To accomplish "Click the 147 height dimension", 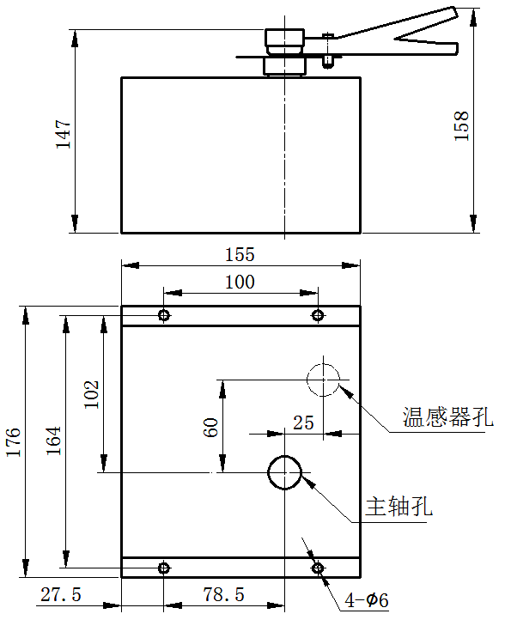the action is [64, 135].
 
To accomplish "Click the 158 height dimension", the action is [461, 125].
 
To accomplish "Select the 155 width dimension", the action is [240, 255].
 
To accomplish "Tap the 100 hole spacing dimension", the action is [240, 283].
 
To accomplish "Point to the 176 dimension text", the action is [14, 442].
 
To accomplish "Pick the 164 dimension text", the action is [53, 441].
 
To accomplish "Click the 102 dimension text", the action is [91, 395].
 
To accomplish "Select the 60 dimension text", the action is [210, 428].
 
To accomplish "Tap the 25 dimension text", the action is [304, 423].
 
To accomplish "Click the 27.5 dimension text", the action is [61, 595].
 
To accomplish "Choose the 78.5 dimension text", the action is [224, 595].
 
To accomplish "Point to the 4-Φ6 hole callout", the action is [367, 600].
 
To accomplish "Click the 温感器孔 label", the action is [448, 416].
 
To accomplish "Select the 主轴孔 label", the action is [399, 506].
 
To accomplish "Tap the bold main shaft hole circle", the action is [269, 472].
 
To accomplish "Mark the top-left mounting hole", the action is [164, 315].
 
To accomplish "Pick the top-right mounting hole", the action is [318, 315].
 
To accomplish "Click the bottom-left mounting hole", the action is [164, 568].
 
